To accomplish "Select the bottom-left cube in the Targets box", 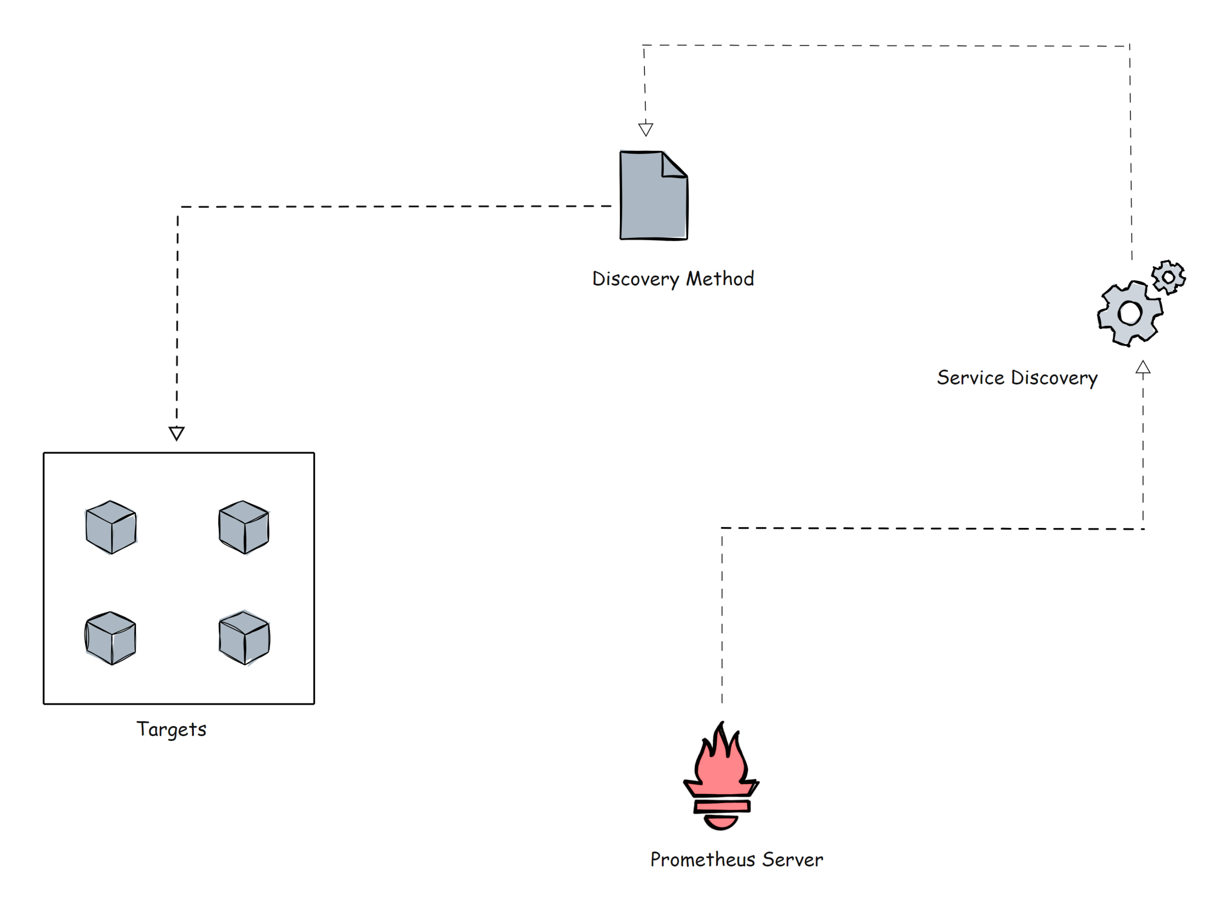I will pyautogui.click(x=111, y=638).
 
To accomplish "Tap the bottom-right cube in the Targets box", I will pyautogui.click(x=244, y=638).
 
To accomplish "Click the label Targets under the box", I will pyautogui.click(x=171, y=729).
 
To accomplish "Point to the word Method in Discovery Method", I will pyautogui.click(x=719, y=278).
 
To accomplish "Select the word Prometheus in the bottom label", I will pyautogui.click(x=702, y=859).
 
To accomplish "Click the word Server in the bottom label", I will pyautogui.click(x=792, y=859).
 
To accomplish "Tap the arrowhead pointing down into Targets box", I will pyautogui.click(x=176, y=433).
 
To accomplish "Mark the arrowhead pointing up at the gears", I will pyautogui.click(x=1143, y=368).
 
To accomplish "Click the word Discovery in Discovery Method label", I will pyautogui.click(x=635, y=278).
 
